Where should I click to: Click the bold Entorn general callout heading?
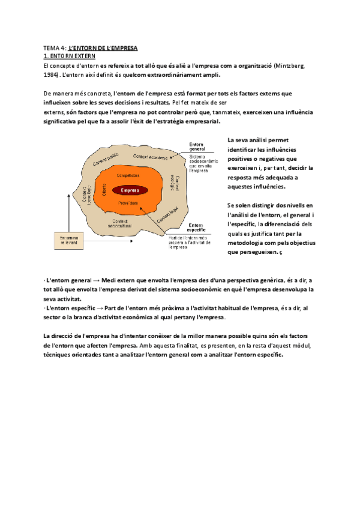click(x=198, y=147)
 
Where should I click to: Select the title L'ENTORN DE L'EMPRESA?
click(x=104, y=47)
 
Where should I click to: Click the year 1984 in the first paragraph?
click(x=51, y=75)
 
